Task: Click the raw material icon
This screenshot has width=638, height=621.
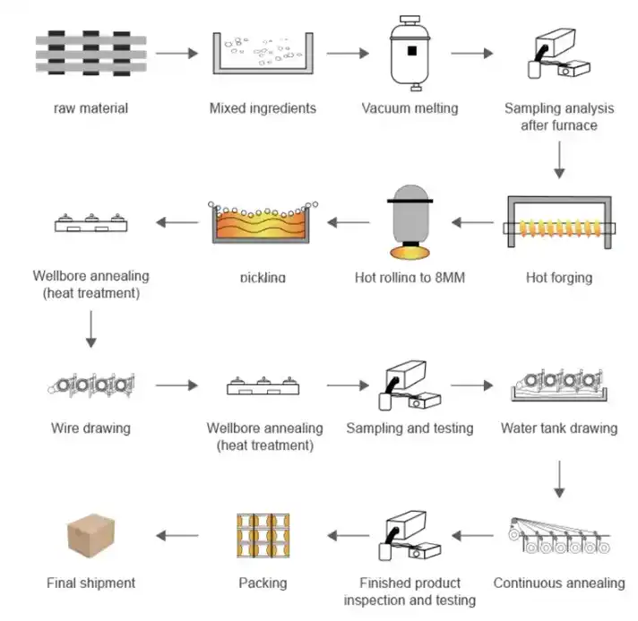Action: pyautogui.click(x=91, y=54)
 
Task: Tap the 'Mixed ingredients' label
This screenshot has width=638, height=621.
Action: pyautogui.click(x=263, y=108)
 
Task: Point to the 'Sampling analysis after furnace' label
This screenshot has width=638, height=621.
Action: pyautogui.click(x=558, y=116)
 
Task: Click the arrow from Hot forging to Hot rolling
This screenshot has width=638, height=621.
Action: pyautogui.click(x=474, y=221)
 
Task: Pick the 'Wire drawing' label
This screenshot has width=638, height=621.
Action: pyautogui.click(x=91, y=427)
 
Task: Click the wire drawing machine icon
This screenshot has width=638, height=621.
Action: pyautogui.click(x=91, y=386)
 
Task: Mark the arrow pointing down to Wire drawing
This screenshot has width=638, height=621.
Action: pyautogui.click(x=91, y=332)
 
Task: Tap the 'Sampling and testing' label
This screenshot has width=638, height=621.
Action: pyautogui.click(x=410, y=427)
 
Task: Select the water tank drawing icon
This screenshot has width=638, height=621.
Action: pyautogui.click(x=559, y=384)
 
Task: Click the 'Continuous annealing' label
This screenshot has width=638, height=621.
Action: pyautogui.click(x=559, y=582)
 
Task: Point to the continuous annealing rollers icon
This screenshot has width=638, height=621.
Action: pyautogui.click(x=559, y=538)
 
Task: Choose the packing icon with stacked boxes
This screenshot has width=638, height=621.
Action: pyautogui.click(x=263, y=537)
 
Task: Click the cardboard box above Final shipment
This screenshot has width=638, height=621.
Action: pyautogui.click(x=91, y=537)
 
